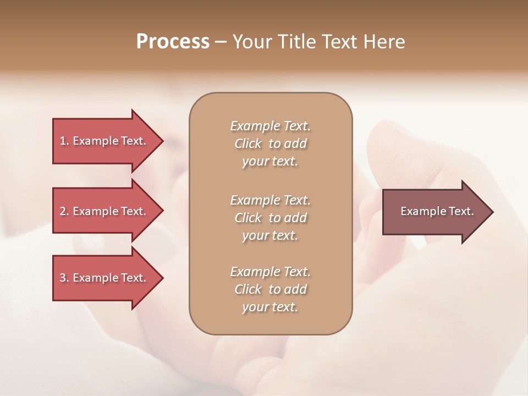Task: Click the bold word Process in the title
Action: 173,42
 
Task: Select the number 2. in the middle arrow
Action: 64,211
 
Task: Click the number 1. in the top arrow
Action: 64,141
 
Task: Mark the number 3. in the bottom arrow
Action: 64,278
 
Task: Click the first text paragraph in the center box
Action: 270,144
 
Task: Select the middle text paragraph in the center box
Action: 270,218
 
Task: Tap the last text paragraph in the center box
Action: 270,289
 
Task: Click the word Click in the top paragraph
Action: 248,144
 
